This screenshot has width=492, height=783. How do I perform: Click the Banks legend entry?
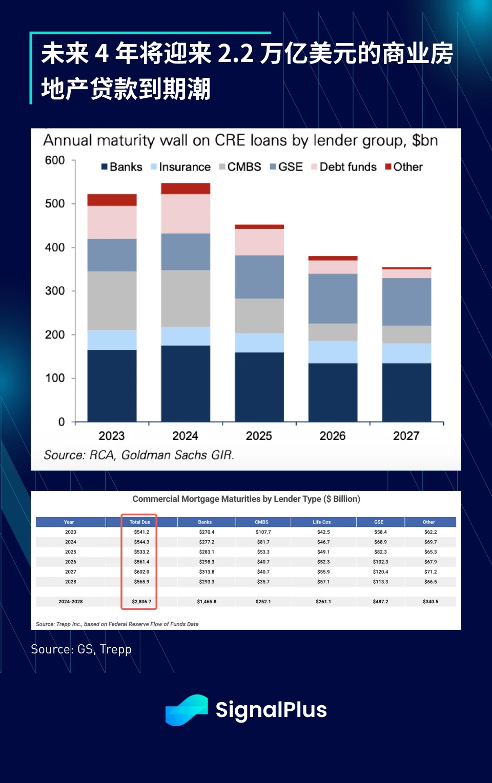pos(122,167)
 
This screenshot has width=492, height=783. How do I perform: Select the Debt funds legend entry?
pos(344,167)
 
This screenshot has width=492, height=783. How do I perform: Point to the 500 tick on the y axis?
pos(55,204)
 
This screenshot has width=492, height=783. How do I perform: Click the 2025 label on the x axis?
pos(259,436)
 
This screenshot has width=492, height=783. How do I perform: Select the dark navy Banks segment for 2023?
pos(112,385)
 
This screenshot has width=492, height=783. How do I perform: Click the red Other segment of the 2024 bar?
pos(186,188)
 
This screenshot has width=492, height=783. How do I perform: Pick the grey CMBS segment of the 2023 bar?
pos(112,300)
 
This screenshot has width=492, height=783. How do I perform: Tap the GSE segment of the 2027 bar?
pos(406,302)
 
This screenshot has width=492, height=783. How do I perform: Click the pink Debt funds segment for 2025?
pos(259,242)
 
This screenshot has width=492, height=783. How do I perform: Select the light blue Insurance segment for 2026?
pos(333,352)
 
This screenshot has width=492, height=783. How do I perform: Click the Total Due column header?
pos(140,522)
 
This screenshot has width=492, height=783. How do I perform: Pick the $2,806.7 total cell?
pos(141,602)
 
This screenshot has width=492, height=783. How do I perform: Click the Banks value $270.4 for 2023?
pos(207,532)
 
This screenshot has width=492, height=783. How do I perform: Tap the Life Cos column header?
pos(322,522)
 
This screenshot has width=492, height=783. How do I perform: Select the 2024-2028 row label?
pos(71,602)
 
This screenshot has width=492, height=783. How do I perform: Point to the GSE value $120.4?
pos(380,572)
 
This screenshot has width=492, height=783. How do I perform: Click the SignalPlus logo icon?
pos(187,710)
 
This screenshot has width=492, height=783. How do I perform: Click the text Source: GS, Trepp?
pos(81,649)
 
